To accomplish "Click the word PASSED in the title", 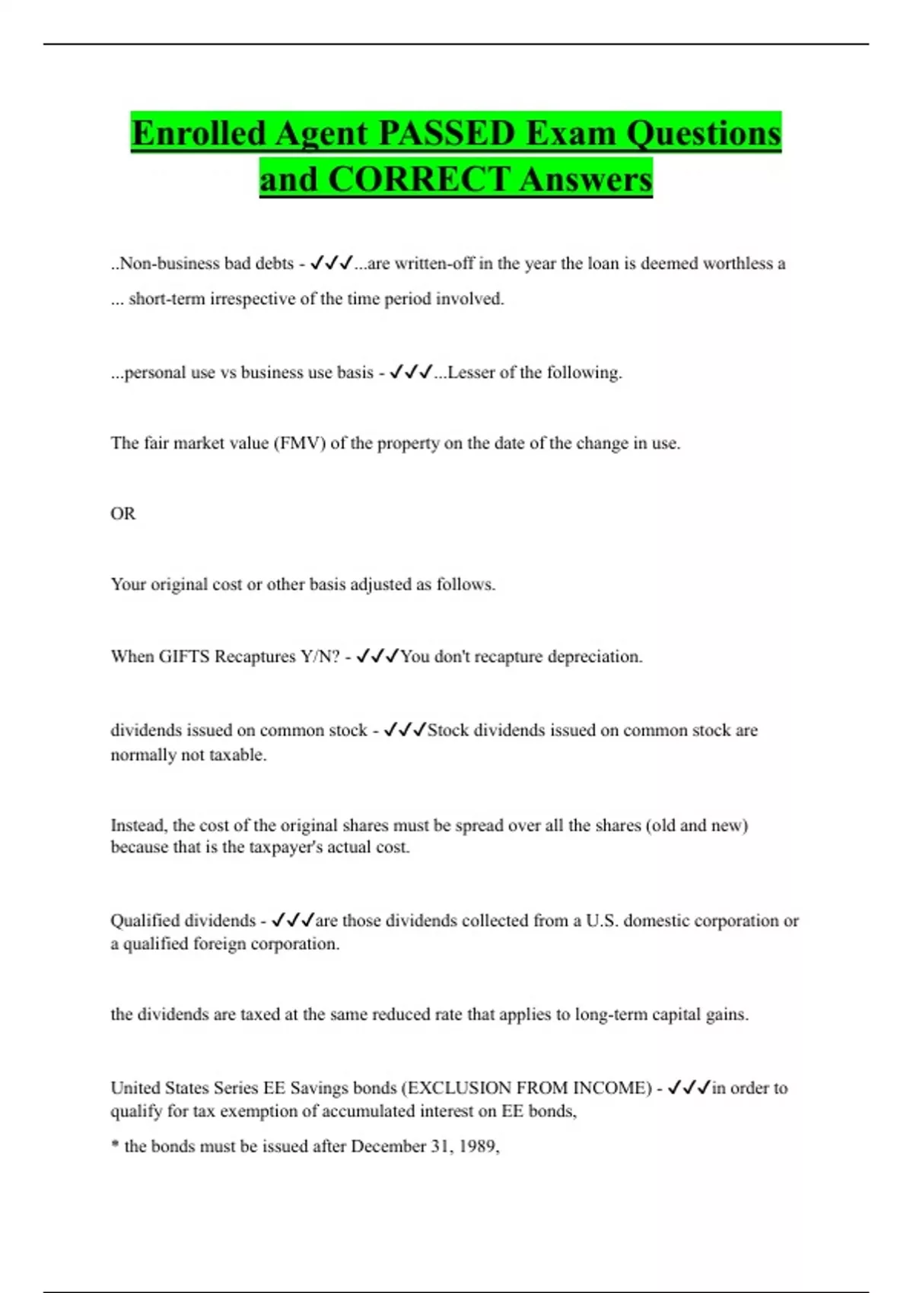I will pyautogui.click(x=446, y=133).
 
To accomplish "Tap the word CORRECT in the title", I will pyautogui.click(x=418, y=179).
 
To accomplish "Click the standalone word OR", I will pyautogui.click(x=122, y=514).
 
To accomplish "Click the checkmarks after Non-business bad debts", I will pyautogui.click(x=332, y=263).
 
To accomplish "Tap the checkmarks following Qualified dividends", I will pyautogui.click(x=293, y=920).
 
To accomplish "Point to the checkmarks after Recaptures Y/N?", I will pyautogui.click(x=377, y=656).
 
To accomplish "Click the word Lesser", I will pyautogui.click(x=470, y=373).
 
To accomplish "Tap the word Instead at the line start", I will pyautogui.click(x=138, y=825).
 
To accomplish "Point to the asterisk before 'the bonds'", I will pyautogui.click(x=115, y=1146).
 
